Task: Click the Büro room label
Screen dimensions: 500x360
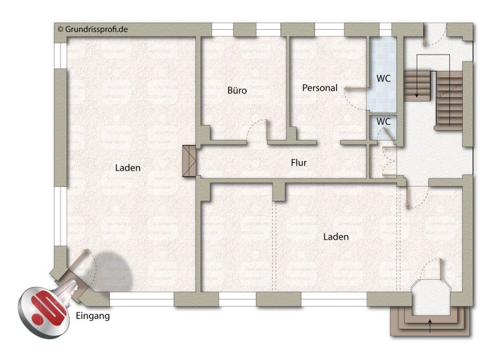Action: pos(237,90)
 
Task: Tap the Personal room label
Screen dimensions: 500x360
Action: pos(320,88)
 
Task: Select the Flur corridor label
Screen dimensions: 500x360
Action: pos(299,163)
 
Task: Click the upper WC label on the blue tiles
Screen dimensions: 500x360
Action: pos(383,78)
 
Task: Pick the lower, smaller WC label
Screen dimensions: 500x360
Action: pos(383,122)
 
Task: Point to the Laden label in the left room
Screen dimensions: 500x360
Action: pos(128,168)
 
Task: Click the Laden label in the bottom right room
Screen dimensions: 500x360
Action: pos(336,236)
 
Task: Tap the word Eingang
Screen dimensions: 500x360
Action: pos(93,316)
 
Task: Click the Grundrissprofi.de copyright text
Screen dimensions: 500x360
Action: pos(93,29)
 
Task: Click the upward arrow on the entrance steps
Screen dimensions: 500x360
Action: pos(430,326)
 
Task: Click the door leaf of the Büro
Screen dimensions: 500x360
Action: pos(267,130)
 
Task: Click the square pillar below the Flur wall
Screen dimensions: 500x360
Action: pos(279,191)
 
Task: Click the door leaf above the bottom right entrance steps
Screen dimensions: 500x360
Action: pos(440,270)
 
